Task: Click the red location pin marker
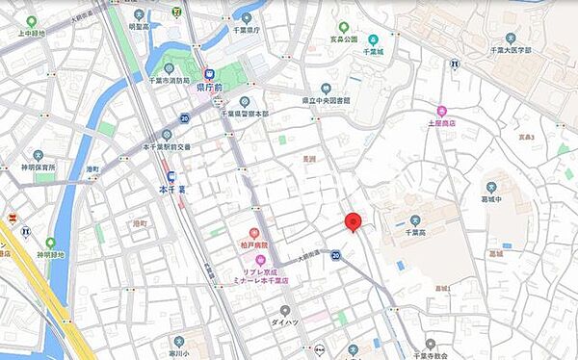point(353,221)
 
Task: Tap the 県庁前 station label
point(211,86)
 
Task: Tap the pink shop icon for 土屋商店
point(441,111)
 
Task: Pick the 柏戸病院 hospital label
point(255,246)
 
